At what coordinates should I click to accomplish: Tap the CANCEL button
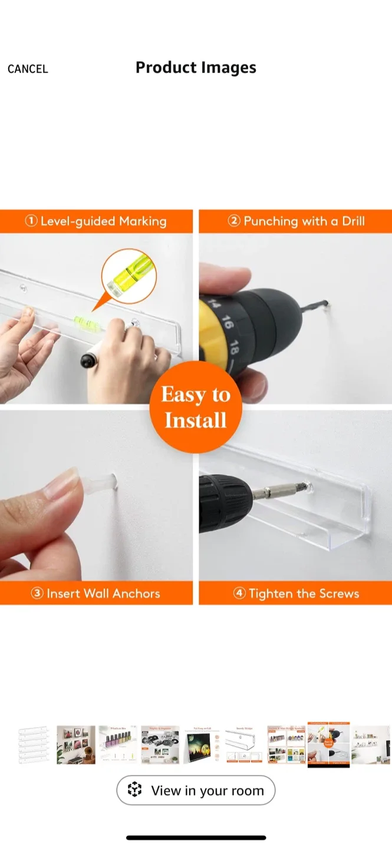28,69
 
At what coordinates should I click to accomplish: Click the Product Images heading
196,67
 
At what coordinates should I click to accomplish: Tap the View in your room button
196,790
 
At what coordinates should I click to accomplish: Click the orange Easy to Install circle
195,407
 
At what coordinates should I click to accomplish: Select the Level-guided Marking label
96,221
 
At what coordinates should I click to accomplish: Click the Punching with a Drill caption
296,221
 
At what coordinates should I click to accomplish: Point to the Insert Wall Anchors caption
95,593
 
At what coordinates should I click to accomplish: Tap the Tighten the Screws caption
296,593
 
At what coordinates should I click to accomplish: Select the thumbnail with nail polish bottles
117,744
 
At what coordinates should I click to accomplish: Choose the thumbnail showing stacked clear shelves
34,744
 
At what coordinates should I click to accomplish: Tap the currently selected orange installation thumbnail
328,744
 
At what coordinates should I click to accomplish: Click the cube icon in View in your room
135,790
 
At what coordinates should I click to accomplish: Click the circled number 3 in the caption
37,593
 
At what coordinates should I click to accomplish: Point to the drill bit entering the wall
318,306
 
